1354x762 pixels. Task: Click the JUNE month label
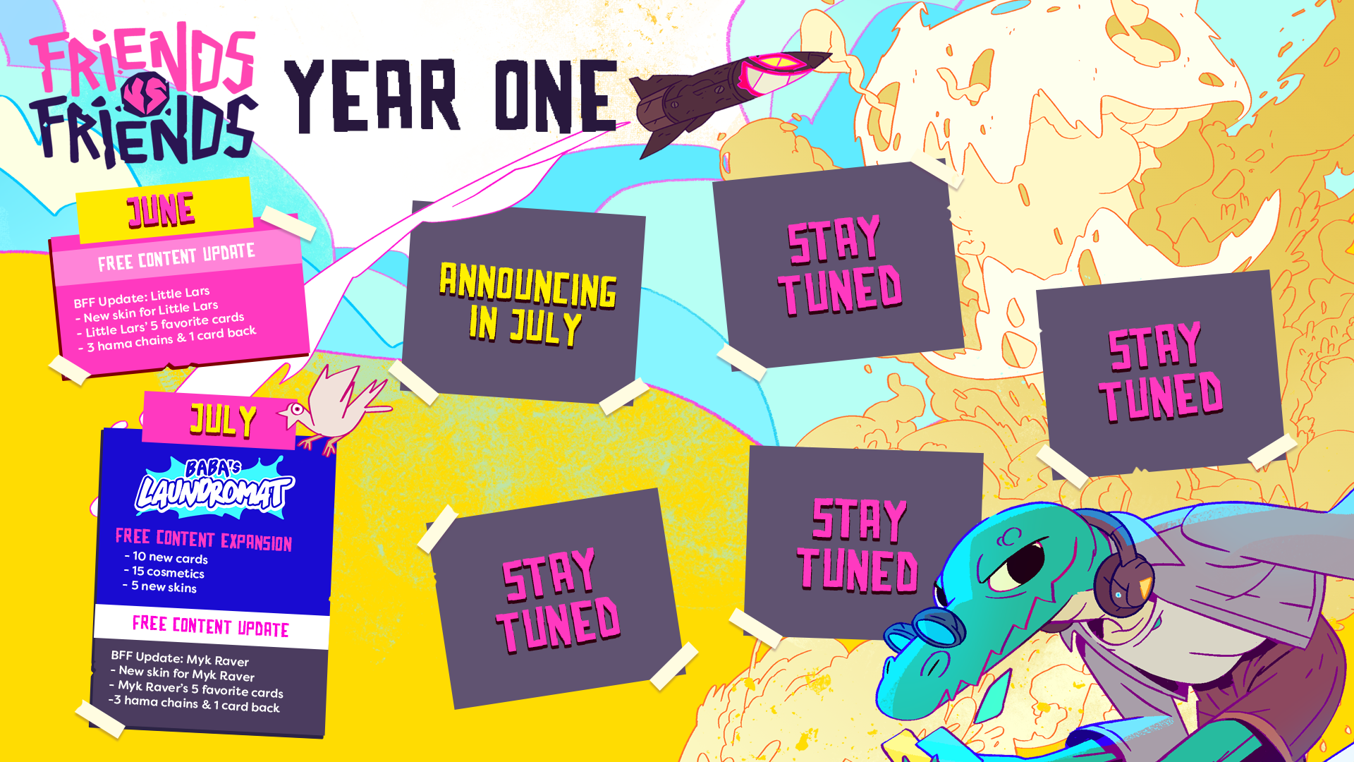(161, 210)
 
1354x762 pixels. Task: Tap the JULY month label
(223, 421)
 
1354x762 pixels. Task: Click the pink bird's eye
(298, 409)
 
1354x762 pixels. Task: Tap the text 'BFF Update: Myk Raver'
(180, 658)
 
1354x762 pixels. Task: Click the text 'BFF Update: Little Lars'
(142, 297)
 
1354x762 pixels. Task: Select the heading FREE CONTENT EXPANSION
(204, 539)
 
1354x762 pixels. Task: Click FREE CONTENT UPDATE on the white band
(211, 626)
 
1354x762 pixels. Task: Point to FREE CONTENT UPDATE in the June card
(176, 258)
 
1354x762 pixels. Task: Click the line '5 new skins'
(163, 586)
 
